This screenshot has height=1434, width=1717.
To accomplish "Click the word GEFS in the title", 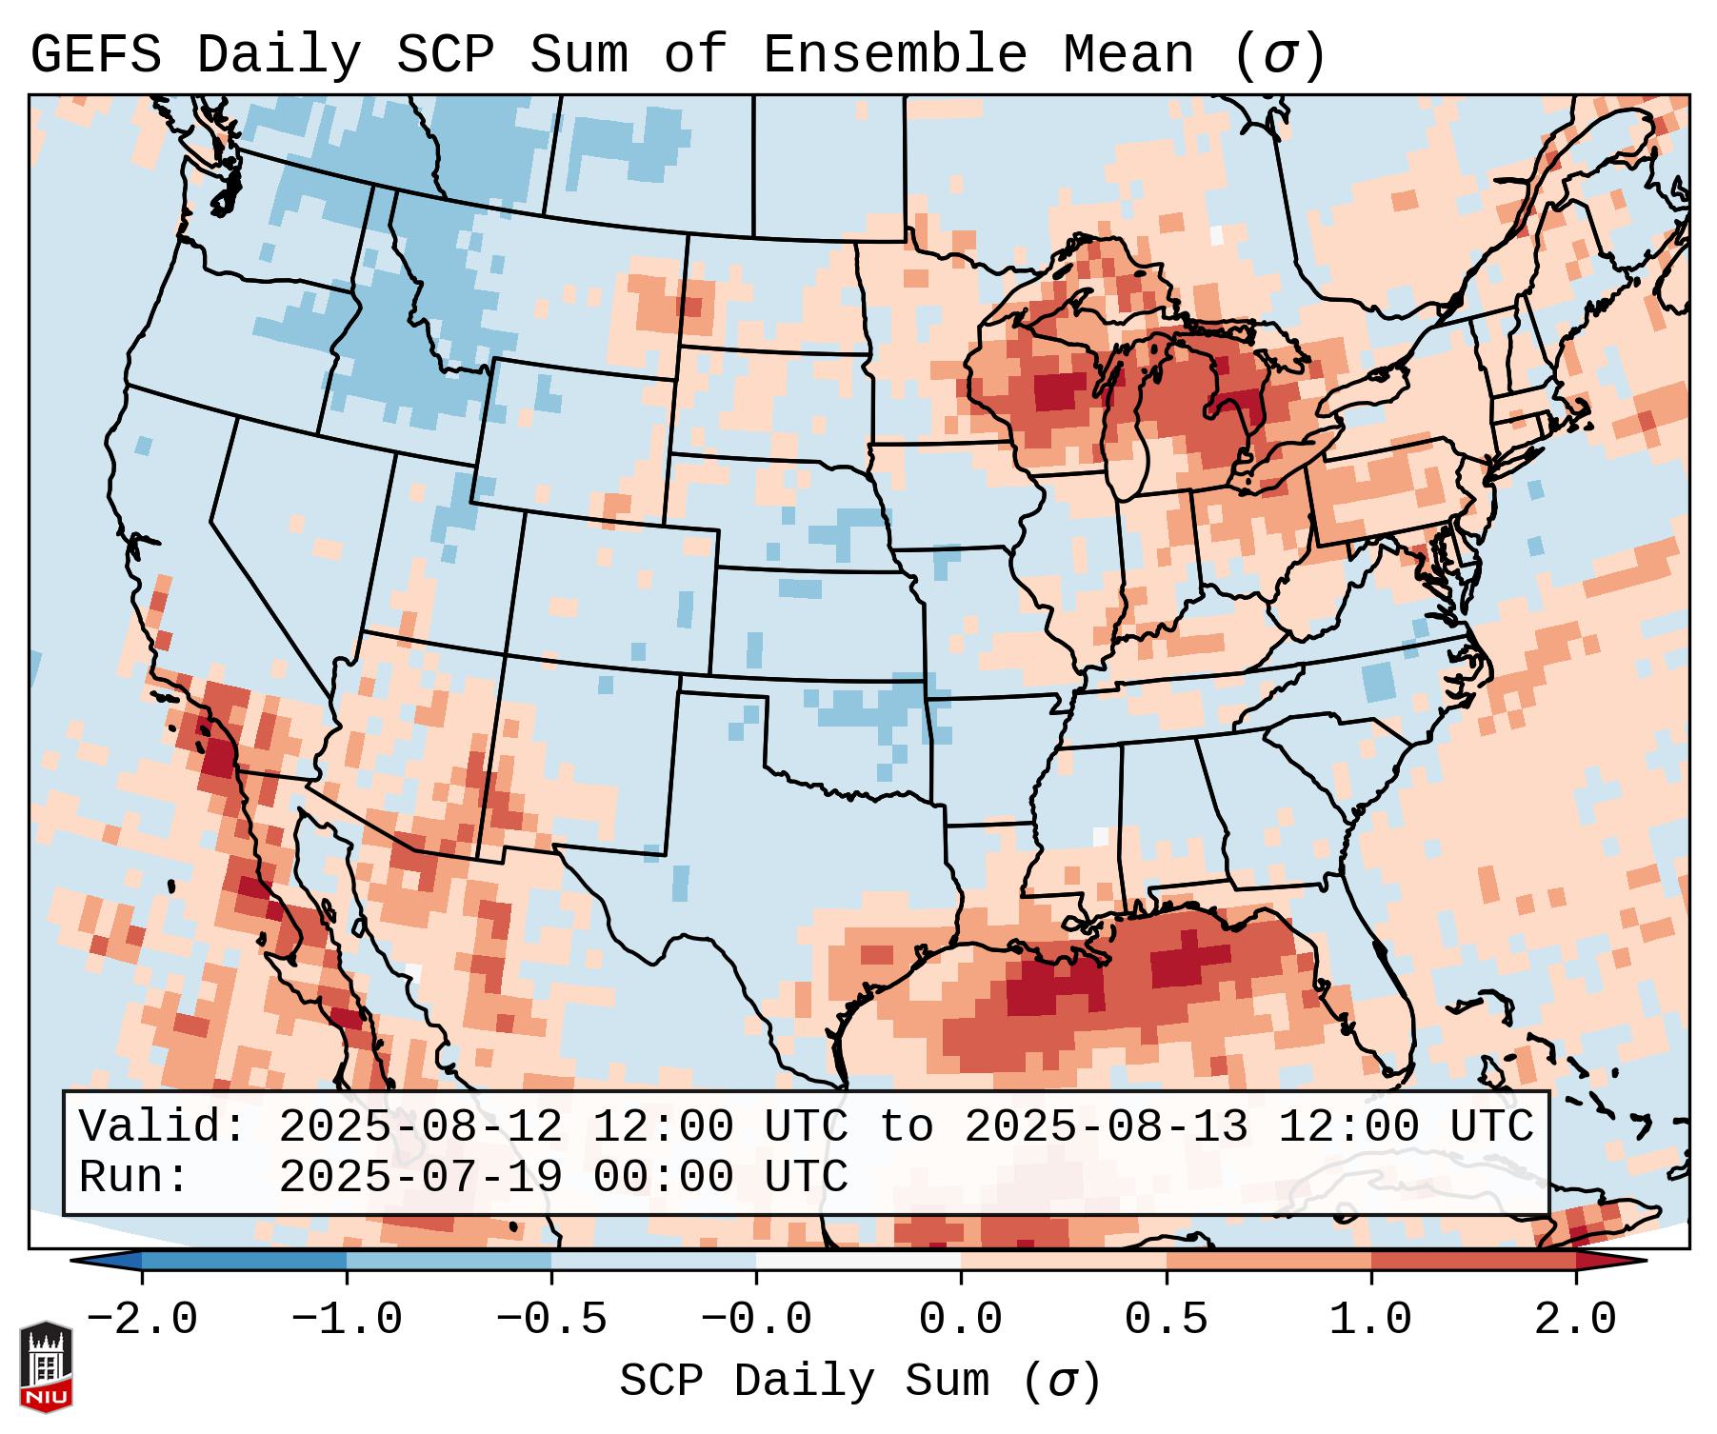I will coord(95,55).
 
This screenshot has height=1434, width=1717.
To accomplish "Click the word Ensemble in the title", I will coord(894,55).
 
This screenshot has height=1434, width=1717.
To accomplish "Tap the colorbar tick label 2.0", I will coord(1575,1320).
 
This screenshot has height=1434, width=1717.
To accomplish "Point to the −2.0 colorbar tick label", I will coord(142,1320).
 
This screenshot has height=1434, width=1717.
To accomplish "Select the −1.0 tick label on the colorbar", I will coord(347,1320).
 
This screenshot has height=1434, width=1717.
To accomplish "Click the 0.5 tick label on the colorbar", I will coord(1166,1320).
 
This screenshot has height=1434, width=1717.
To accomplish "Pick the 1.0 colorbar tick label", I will coord(1370,1320).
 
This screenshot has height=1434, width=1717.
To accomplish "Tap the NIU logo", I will coord(46,1366).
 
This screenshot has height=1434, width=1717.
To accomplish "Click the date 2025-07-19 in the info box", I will coord(420,1178).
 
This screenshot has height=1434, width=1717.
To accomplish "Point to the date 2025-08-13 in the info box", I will coord(1106,1127).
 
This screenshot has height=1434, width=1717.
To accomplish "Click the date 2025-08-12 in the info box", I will coord(420,1127).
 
